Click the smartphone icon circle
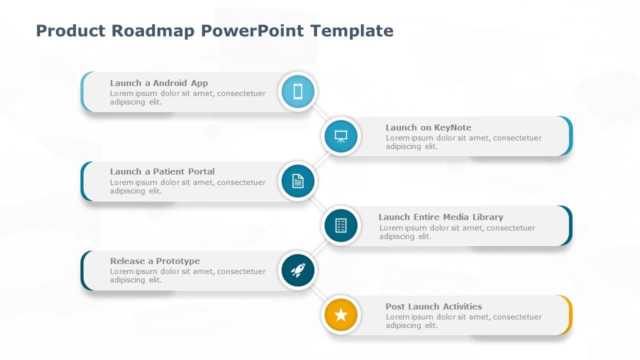(x=298, y=91)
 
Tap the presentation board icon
(x=341, y=136)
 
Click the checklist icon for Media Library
(x=341, y=225)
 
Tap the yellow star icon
(x=341, y=315)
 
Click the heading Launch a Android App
(x=159, y=83)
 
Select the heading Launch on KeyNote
(x=428, y=127)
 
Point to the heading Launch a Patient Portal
(x=162, y=171)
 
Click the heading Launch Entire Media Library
(x=440, y=217)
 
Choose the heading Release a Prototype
(x=154, y=261)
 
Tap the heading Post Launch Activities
(x=433, y=306)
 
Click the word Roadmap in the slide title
(x=153, y=31)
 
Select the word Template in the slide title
(x=351, y=31)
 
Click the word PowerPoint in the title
(x=252, y=31)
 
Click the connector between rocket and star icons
(x=319, y=293)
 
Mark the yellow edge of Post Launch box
(x=569, y=315)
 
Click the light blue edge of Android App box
(x=83, y=91)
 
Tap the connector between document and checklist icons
(x=319, y=203)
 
